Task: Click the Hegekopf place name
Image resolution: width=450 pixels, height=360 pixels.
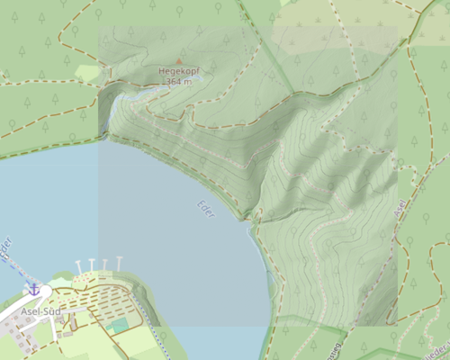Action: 178,71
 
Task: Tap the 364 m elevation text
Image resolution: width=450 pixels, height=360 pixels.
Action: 179,82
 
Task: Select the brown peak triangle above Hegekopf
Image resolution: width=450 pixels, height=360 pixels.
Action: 178,61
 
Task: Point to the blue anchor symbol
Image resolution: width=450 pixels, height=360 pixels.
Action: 33,288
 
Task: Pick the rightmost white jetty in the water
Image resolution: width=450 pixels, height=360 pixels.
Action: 119,262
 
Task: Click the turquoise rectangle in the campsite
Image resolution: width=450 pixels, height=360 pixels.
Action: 119,324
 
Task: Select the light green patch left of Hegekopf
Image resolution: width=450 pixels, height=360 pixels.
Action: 88,72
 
